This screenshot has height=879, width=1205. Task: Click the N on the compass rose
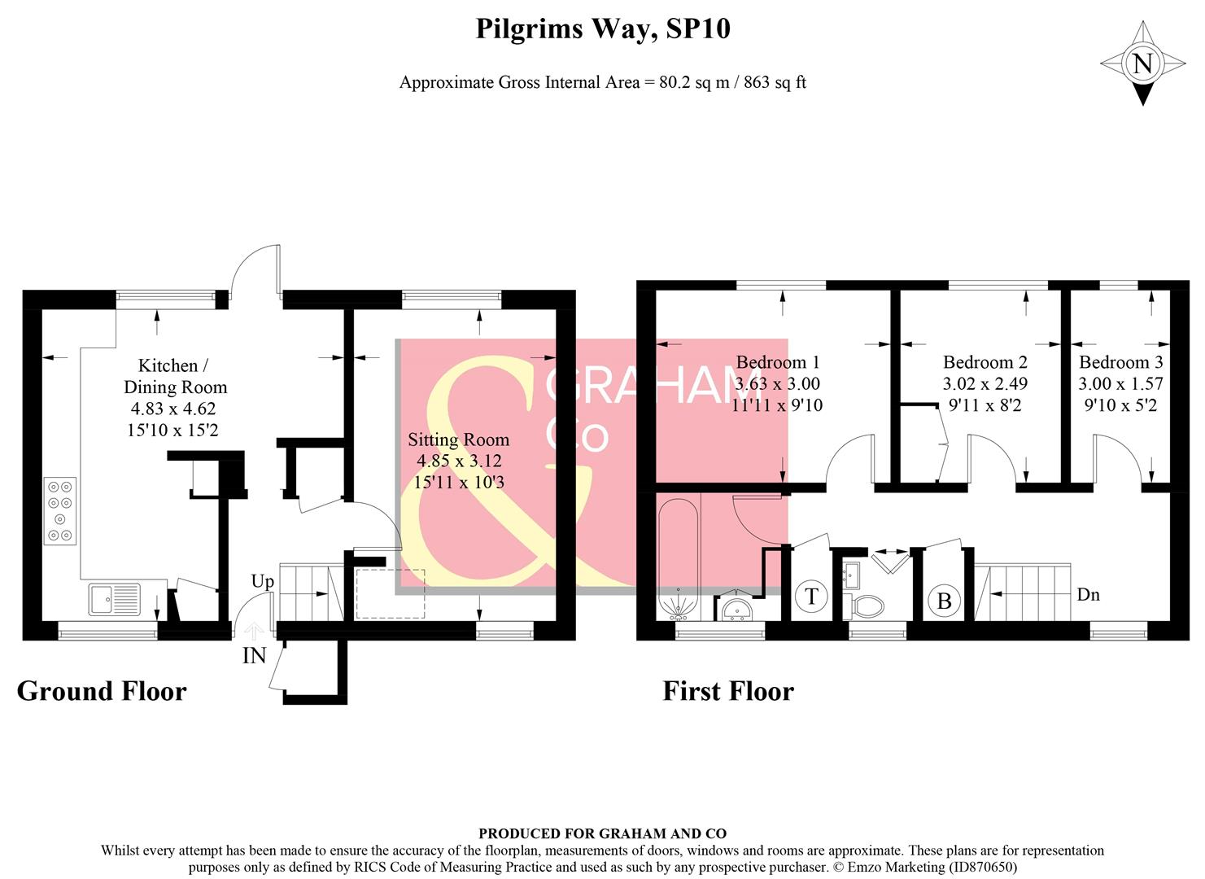[1142, 63]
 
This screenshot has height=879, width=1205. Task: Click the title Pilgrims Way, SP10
[602, 29]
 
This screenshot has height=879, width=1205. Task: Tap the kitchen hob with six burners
[60, 510]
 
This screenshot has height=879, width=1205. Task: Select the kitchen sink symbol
[114, 600]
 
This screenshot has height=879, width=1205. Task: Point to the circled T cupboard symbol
[810, 597]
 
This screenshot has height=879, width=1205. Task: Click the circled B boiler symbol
[944, 601]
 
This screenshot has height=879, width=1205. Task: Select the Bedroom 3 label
[1120, 362]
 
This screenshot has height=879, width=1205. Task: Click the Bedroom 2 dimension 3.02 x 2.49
[985, 383]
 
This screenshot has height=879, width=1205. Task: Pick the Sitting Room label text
[458, 439]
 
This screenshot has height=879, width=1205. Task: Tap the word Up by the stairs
[262, 581]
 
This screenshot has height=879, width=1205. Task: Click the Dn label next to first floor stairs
[1088, 594]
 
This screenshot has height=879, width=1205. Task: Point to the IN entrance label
[254, 655]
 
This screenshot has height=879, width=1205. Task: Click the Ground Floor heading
[102, 691]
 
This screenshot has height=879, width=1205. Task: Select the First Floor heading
[727, 691]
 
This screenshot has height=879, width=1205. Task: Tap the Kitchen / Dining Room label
[174, 376]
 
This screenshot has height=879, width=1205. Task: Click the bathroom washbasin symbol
[739, 608]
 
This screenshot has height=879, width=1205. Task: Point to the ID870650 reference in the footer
[980, 867]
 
